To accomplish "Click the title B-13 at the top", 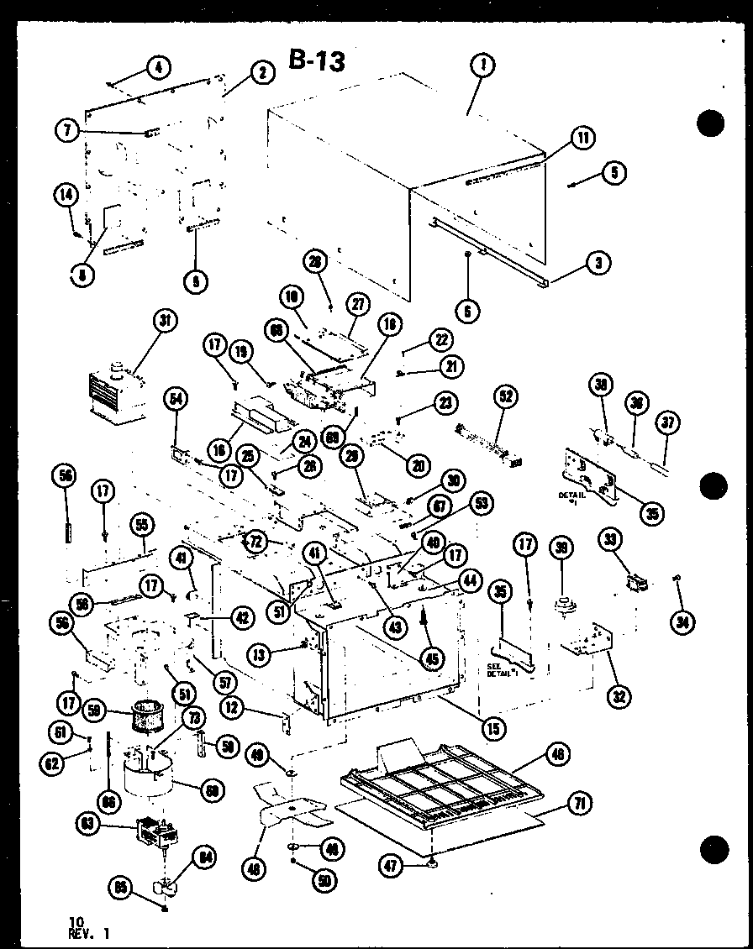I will point(316,60).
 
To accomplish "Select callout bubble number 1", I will point(485,65).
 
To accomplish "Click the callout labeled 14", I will point(65,195).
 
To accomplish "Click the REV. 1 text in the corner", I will point(88,932).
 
